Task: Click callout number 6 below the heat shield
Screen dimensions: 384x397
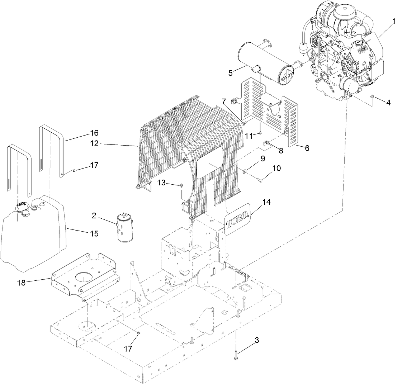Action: pyautogui.click(x=307, y=147)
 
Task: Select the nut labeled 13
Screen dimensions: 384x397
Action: pyautogui.click(x=181, y=185)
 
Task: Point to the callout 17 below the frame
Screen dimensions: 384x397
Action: pyautogui.click(x=128, y=348)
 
